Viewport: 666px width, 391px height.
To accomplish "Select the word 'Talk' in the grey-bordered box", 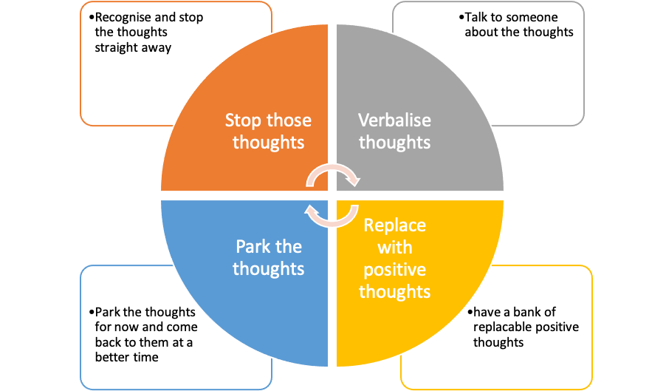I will [475, 17].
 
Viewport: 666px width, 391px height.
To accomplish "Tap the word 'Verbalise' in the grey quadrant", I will [394, 120].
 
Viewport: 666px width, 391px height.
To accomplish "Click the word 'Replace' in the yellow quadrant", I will [394, 225].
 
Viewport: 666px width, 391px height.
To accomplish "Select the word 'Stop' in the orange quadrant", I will [243, 120].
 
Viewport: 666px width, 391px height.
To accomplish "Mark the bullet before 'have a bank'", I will [469, 313].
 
